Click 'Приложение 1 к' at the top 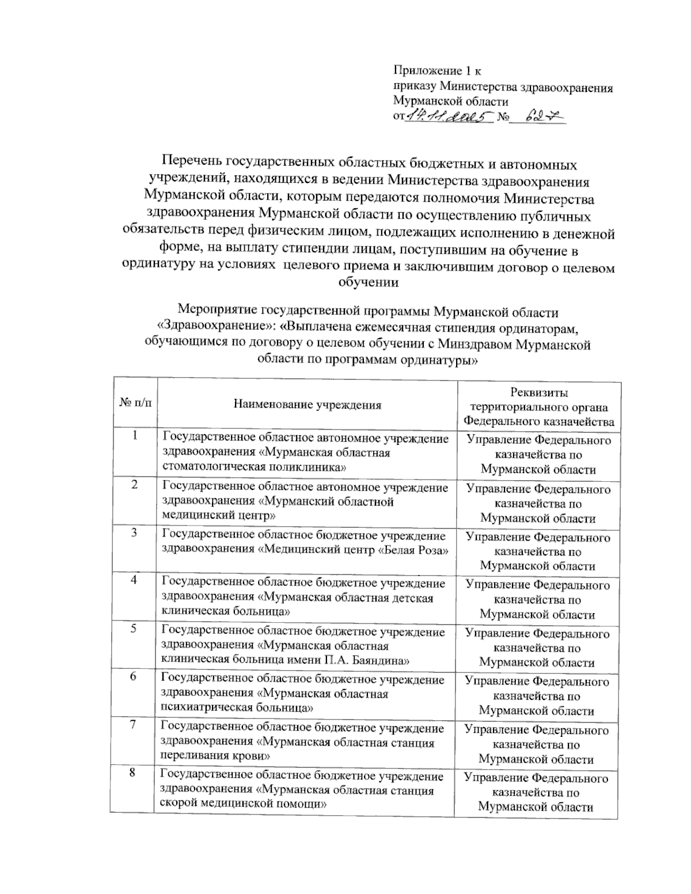[x=437, y=71]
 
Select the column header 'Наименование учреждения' [x=307, y=405]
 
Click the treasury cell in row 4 [x=538, y=599]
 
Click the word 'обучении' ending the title [x=369, y=283]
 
